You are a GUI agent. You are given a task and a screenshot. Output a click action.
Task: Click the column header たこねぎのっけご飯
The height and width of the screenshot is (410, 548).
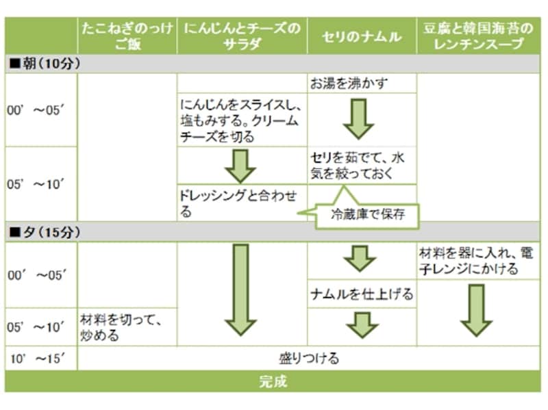pyautogui.click(x=127, y=36)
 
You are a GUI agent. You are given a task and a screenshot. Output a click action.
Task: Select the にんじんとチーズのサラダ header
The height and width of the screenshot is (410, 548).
pyautogui.click(x=241, y=36)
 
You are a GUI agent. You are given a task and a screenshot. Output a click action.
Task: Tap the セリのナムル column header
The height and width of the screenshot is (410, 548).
pyautogui.click(x=361, y=36)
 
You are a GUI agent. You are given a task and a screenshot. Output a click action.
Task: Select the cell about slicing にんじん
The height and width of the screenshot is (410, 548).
pyautogui.click(x=241, y=119)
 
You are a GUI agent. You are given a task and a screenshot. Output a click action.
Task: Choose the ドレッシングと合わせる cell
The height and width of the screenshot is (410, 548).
pyautogui.click(x=240, y=203)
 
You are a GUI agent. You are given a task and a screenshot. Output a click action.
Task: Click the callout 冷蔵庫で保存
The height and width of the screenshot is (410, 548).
pyautogui.click(x=369, y=214)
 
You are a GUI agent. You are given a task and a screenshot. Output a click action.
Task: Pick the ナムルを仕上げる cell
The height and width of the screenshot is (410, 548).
pyautogui.click(x=361, y=294)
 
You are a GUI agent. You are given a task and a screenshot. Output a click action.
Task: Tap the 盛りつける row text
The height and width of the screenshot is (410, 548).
pyautogui.click(x=309, y=358)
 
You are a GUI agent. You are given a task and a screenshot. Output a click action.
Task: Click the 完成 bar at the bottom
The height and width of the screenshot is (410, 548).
pyautogui.click(x=273, y=381)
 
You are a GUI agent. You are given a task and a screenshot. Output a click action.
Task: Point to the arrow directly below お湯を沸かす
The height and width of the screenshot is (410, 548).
pyautogui.click(x=359, y=119)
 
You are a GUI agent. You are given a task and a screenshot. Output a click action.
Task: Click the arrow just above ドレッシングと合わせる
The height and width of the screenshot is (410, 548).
pyautogui.click(x=240, y=165)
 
